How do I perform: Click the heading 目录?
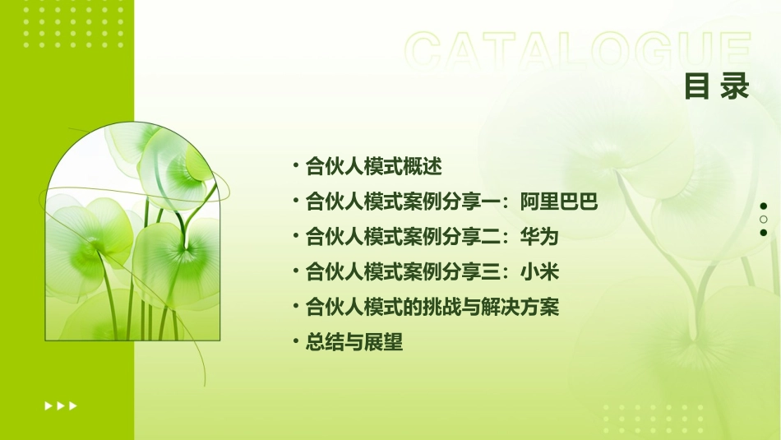click(x=717, y=86)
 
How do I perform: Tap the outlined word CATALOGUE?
click(x=578, y=51)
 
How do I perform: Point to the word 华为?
click(x=539, y=237)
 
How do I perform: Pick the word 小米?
click(x=539, y=272)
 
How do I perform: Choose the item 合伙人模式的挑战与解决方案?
click(x=432, y=308)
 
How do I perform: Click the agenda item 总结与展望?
click(x=354, y=343)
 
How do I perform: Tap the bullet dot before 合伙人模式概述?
click(x=295, y=166)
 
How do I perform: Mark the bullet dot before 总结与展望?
click(x=295, y=342)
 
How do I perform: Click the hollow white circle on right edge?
click(x=763, y=220)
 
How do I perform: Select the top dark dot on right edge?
click(x=763, y=206)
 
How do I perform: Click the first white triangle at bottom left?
click(x=49, y=405)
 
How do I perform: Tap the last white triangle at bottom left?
click(x=74, y=405)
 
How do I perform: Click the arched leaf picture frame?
click(x=132, y=234)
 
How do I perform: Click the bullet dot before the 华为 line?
click(x=295, y=237)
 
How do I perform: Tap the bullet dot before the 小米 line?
click(x=295, y=271)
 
